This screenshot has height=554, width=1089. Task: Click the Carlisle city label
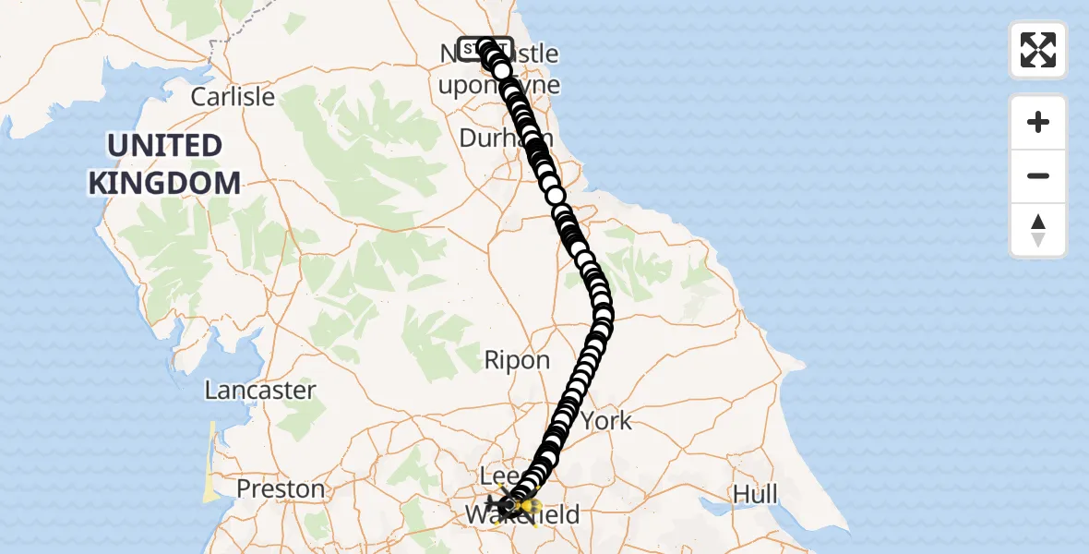click(x=233, y=96)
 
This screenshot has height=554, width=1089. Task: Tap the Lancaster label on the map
click(x=260, y=391)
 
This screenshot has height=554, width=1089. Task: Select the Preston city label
click(x=281, y=488)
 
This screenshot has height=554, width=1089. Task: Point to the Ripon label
click(x=517, y=360)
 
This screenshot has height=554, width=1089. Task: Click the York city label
click(x=606, y=421)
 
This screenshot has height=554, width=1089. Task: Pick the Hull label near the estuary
click(x=755, y=495)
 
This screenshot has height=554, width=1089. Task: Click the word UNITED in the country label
click(x=164, y=146)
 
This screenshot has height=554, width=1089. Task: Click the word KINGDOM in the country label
click(x=164, y=183)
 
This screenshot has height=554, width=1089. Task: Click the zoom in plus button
click(x=1038, y=122)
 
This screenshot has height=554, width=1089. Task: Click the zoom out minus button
click(x=1038, y=175)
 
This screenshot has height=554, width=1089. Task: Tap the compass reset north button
click(x=1038, y=230)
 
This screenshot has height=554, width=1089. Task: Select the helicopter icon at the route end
click(x=507, y=505)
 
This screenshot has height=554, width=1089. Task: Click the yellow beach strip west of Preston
click(x=212, y=462)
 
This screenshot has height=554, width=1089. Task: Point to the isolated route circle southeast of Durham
click(x=555, y=196)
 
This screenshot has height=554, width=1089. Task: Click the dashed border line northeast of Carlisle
click(x=221, y=42)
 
